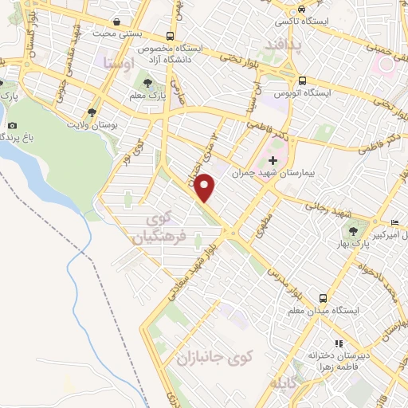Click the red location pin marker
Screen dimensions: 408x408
tap(206, 188)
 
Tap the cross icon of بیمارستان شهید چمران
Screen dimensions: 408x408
tap(273, 161)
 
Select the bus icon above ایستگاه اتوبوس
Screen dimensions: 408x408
tap(302, 80)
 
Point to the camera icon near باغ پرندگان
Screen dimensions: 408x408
tap(12, 125)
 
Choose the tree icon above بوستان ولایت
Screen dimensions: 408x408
tap(92, 113)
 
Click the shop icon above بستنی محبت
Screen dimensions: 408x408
tap(118, 22)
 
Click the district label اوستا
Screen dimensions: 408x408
tap(116, 61)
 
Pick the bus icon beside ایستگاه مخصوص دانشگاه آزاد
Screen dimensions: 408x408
tap(170, 36)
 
